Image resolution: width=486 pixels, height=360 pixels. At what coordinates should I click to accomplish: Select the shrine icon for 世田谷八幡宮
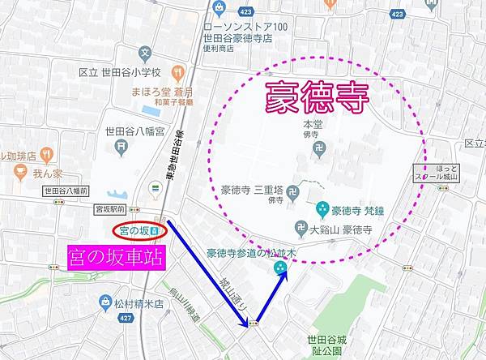121,147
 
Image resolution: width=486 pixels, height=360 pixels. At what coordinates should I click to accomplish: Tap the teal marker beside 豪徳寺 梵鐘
322,208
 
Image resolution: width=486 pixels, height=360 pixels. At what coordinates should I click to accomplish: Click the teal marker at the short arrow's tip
281,268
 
